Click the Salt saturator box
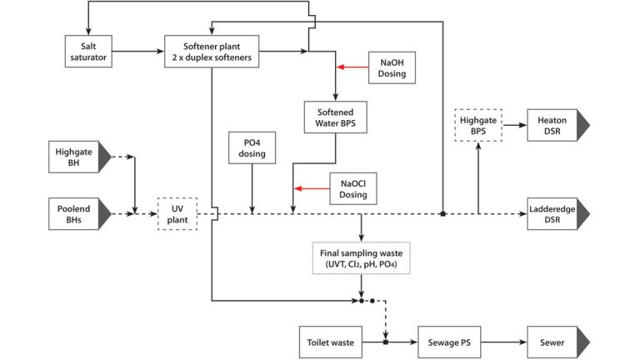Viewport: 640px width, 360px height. (x=87, y=51)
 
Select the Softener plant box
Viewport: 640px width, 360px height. (x=212, y=51)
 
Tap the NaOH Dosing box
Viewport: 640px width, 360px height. (x=391, y=67)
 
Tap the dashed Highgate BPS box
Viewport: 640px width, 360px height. (x=478, y=126)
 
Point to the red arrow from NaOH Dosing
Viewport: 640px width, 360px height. (x=352, y=67)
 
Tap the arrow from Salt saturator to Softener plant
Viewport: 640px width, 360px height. (x=137, y=52)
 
